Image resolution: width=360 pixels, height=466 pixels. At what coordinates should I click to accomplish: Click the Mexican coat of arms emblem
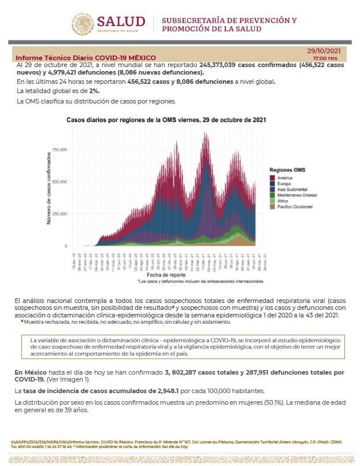tap(83, 24)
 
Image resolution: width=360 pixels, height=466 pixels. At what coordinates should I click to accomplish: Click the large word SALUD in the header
tap(125, 21)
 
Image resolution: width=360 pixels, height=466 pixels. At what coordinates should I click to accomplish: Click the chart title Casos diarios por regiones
tap(166, 120)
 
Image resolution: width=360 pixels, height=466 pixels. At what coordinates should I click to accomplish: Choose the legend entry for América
tap(285, 177)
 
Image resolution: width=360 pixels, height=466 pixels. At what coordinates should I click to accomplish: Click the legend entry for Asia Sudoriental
tap(292, 189)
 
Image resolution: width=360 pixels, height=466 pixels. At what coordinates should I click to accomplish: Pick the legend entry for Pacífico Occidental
tap(295, 206)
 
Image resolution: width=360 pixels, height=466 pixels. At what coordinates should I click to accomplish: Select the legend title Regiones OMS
tap(287, 170)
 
